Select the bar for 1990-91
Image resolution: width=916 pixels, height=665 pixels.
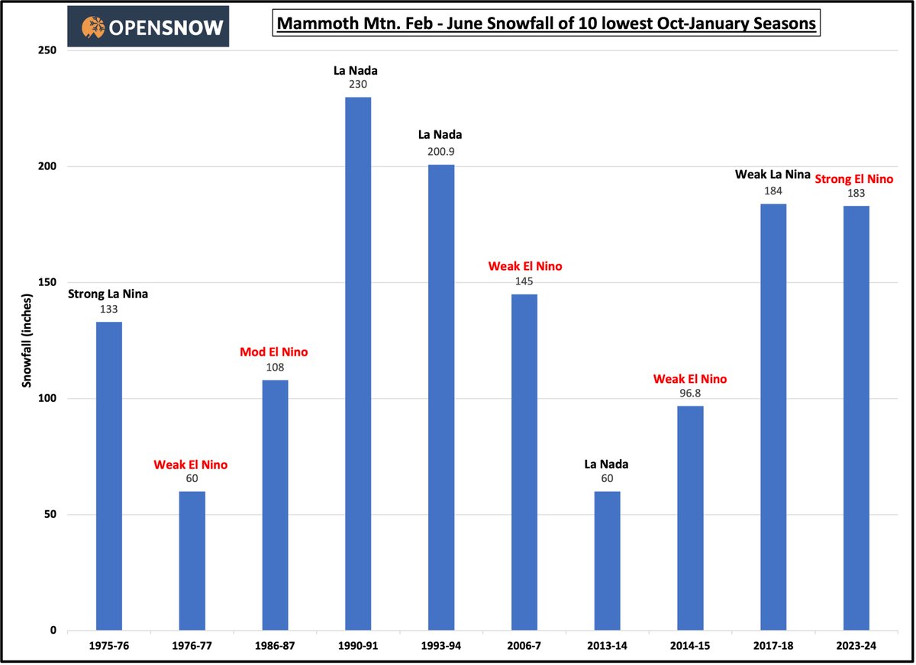358,364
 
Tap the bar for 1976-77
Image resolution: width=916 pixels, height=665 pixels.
192,561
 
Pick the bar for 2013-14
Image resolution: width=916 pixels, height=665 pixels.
607,561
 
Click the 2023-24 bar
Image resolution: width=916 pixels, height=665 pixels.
856,418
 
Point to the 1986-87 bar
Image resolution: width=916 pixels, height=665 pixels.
275,505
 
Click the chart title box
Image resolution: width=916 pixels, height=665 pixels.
545,24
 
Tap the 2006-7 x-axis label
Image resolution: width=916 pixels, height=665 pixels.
524,646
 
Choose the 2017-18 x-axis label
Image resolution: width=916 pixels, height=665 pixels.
772,646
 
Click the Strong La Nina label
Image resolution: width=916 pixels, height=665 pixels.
108,294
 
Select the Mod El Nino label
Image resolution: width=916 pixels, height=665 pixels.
274,352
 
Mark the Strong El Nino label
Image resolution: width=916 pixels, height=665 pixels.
854,179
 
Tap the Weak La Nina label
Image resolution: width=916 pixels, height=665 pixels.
773,175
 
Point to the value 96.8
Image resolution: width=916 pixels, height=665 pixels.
690,394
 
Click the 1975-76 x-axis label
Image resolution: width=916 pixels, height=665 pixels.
108,646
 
